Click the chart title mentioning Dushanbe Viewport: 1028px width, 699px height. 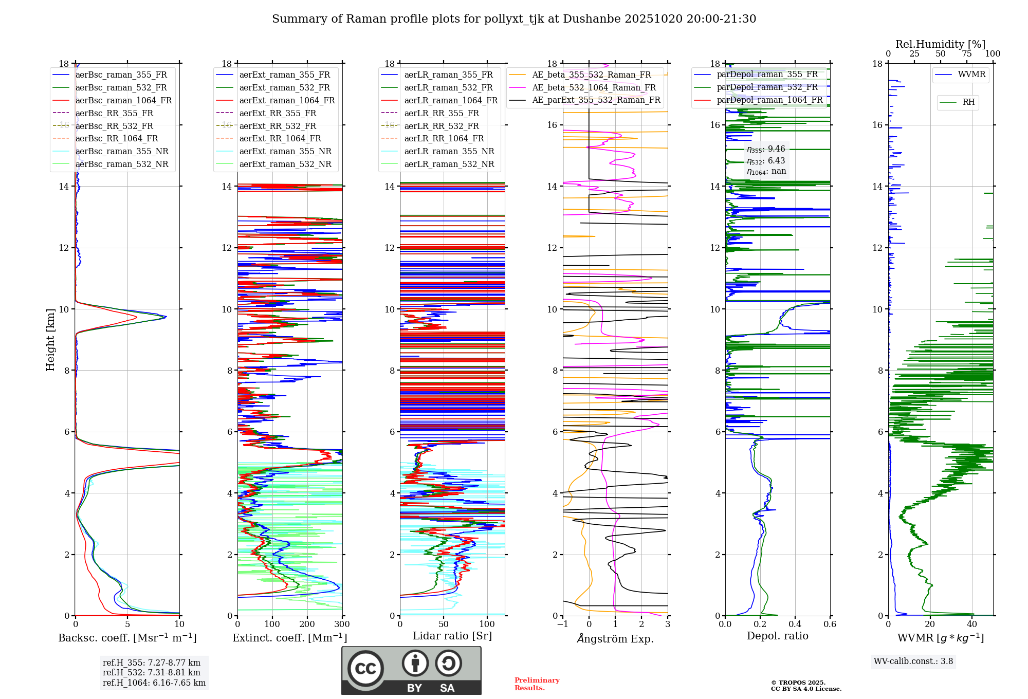tap(514, 19)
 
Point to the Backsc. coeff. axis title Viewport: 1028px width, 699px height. tap(127, 638)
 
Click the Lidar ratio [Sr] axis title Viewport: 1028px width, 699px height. tap(452, 636)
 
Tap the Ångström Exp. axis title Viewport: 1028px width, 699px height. tap(615, 638)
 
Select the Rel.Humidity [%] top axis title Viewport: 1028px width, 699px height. tap(941, 44)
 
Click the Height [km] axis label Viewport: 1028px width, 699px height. tap(50, 340)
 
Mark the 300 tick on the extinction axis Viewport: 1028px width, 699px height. tap(342, 624)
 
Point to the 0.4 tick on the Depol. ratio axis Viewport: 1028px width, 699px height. tap(795, 624)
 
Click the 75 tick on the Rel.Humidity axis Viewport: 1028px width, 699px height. tap(967, 54)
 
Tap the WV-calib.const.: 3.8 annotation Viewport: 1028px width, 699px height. tap(913, 661)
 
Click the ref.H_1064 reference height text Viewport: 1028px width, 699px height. tap(154, 683)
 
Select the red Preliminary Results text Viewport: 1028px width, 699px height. tap(537, 684)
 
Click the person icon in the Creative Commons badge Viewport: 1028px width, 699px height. tap(415, 663)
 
